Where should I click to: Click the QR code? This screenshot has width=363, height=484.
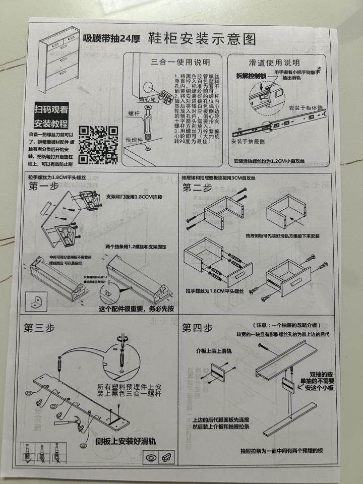(99, 145)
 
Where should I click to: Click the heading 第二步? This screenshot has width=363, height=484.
(197, 188)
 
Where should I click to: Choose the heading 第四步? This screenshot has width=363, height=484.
(197, 328)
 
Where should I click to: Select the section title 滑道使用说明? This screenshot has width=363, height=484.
(274, 63)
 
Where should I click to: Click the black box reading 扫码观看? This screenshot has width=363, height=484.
(51, 108)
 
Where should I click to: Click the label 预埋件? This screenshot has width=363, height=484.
(135, 140)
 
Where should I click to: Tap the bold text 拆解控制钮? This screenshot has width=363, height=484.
(251, 76)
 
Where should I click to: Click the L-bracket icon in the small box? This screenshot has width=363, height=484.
(36, 301)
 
